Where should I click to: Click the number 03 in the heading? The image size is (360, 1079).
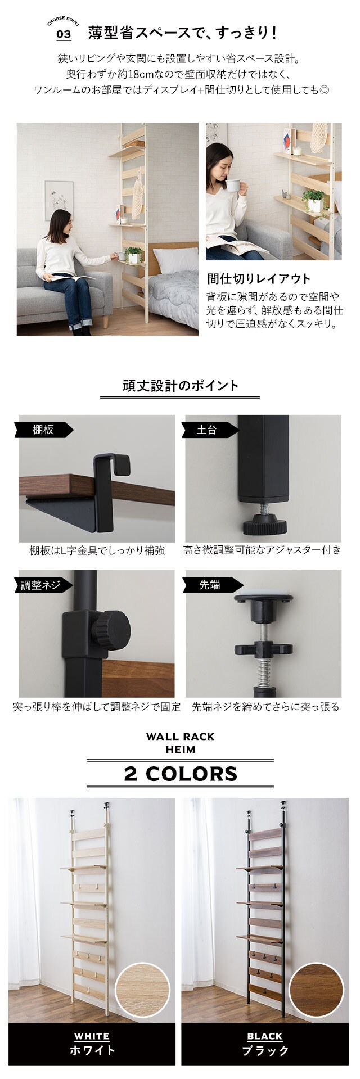(x=64, y=34)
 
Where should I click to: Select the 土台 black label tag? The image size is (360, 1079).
(x=208, y=430)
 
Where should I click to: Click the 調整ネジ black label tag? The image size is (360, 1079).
(x=43, y=585)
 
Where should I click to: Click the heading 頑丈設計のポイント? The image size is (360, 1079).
(x=180, y=386)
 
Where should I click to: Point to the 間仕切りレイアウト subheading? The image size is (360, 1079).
(x=258, y=279)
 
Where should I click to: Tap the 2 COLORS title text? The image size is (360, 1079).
(x=180, y=774)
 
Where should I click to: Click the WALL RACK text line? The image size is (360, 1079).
(x=180, y=737)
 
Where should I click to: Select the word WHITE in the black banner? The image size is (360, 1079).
(x=92, y=1036)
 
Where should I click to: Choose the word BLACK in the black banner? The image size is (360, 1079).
(x=264, y=1036)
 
